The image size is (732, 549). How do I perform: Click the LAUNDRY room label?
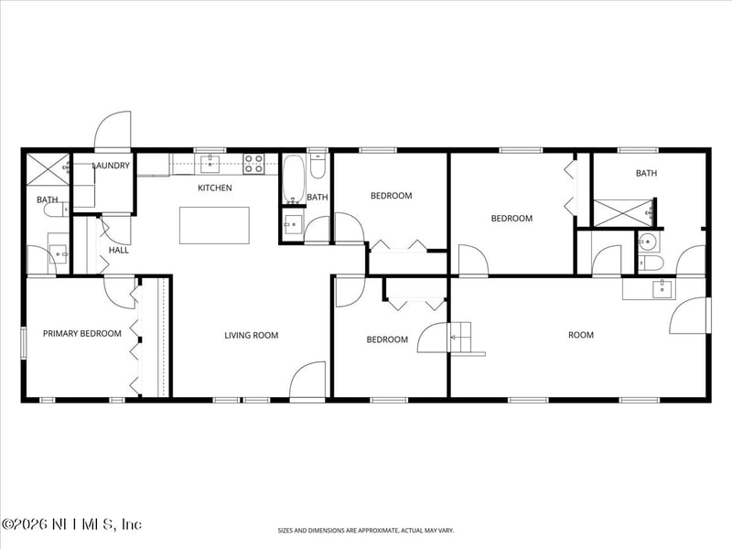click(x=111, y=166)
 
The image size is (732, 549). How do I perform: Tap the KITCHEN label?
click(x=215, y=188)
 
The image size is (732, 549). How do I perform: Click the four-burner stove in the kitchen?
click(x=253, y=164)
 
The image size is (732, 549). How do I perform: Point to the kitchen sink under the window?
click(x=210, y=164)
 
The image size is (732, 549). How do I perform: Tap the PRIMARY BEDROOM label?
click(x=81, y=334)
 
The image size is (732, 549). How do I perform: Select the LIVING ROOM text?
click(x=251, y=336)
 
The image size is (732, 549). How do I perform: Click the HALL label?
click(x=118, y=250)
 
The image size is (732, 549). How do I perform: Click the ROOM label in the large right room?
click(x=580, y=335)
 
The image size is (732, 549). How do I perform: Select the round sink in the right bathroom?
click(x=647, y=242)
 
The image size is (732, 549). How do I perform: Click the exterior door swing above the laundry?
click(x=113, y=131)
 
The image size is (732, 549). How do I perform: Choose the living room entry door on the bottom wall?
click(x=308, y=380)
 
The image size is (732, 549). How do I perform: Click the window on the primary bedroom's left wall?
click(x=24, y=339)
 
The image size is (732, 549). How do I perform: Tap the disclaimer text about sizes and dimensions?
click(x=365, y=530)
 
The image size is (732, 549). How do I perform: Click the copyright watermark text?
click(x=71, y=524)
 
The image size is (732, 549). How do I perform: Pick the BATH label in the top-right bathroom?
click(x=646, y=173)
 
